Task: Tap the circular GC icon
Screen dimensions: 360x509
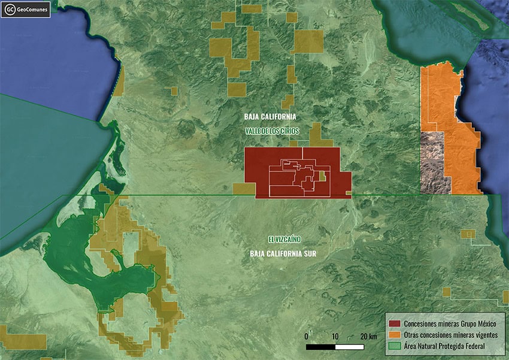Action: [x=10, y=10]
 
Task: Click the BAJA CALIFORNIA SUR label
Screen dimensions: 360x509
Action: [x=283, y=254]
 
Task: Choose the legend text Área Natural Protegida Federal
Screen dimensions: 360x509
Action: [x=444, y=346]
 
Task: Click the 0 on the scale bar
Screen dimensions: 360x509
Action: [x=306, y=336]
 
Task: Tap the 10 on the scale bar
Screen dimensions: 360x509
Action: [x=335, y=336]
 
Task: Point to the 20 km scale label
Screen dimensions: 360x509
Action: [x=368, y=336]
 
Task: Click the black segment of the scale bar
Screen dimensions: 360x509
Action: [x=321, y=347]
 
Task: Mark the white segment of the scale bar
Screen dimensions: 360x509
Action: [x=350, y=347]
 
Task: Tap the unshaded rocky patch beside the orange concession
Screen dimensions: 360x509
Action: [x=432, y=162]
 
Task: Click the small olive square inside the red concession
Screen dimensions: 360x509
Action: [x=322, y=176]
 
